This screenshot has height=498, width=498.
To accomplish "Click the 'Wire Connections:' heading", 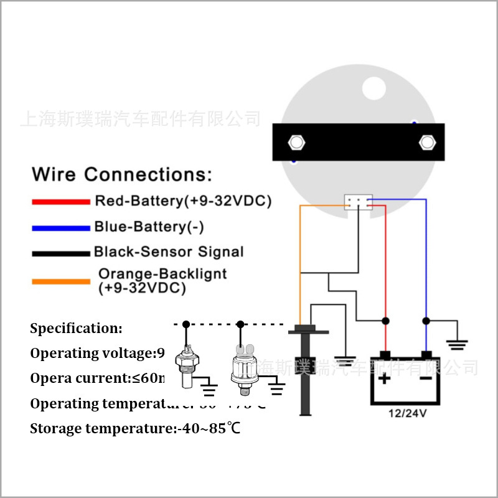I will pos(122,174).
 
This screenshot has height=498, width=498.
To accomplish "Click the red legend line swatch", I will pos(61,202).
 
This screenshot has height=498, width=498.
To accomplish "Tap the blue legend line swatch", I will pos(61,228).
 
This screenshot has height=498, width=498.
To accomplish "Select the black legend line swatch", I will pos(61,253).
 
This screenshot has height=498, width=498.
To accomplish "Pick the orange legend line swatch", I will pos(61,281).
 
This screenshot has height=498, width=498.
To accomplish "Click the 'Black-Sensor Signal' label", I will pos(169,252).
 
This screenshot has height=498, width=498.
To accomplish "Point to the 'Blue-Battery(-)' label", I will pos(149,227).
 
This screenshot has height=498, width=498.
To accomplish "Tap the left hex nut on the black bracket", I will pos(296,143).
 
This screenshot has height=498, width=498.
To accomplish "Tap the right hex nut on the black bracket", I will pos(427,142).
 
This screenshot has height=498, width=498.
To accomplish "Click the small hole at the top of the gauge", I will pos(375,87).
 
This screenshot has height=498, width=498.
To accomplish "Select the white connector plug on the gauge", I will pos(358,202).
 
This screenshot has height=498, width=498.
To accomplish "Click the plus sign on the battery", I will pos(385,378).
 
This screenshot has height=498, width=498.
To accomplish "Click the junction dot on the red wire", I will pos(386,321).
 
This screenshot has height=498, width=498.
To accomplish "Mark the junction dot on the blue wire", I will pos(426,321).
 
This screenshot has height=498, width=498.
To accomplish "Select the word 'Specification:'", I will pos(77,328).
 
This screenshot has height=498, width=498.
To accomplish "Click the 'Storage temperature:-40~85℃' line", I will pos(135,428).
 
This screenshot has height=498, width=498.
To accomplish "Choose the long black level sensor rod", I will pos(304,374).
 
